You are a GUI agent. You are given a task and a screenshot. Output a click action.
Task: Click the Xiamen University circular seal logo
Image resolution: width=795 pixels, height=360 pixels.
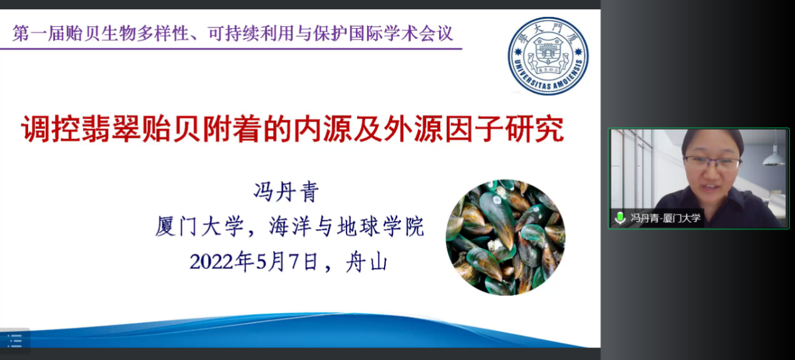[548, 56]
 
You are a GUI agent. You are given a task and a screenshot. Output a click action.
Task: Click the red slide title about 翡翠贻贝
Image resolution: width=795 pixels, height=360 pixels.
[293, 129]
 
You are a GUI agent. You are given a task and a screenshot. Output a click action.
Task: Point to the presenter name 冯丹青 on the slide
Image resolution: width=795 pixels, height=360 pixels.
[286, 192]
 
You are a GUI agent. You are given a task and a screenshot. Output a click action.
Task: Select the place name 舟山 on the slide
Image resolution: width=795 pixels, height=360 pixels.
[366, 262]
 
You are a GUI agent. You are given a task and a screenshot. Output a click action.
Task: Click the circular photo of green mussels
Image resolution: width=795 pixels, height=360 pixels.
[506, 237]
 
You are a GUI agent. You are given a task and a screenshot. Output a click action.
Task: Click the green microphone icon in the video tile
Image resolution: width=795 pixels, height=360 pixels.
[620, 218]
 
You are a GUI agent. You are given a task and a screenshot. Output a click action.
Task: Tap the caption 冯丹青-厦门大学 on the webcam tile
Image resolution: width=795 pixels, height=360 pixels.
[665, 218]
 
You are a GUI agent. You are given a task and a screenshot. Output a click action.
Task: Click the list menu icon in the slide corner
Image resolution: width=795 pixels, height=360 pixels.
[14, 341]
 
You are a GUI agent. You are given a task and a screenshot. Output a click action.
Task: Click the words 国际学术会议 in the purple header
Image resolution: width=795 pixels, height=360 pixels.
[401, 34]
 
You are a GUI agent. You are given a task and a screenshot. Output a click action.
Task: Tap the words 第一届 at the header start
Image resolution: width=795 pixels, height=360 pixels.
[39, 34]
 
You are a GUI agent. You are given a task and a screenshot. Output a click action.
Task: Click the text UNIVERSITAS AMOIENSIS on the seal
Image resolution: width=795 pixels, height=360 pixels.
[549, 77]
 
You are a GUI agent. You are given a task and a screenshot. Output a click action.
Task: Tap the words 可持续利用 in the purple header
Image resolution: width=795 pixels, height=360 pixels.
[251, 34]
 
